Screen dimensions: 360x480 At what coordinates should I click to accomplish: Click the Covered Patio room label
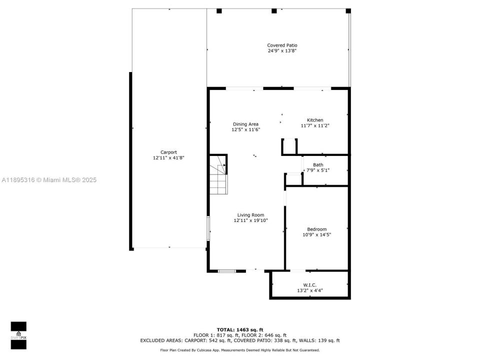282,45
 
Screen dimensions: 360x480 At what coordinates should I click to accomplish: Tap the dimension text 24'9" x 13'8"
282,51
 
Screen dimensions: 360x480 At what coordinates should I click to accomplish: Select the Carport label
168,152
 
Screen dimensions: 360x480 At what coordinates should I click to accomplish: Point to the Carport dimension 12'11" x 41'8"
168,158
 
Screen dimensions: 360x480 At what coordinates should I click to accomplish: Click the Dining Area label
245,124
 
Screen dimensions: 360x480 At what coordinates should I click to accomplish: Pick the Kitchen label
315,120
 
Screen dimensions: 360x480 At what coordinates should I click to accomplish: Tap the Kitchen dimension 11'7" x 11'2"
315,126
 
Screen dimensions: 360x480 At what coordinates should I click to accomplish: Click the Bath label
318,164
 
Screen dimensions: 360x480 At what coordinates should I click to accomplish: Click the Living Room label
250,215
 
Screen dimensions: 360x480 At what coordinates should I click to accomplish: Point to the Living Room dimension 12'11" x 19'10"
250,220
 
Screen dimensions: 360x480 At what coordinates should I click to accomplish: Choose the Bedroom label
316,229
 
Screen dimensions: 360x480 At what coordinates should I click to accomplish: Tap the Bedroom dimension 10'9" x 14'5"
316,235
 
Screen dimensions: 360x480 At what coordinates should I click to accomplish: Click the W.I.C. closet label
310,284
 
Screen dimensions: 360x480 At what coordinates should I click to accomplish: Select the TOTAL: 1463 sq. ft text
239,329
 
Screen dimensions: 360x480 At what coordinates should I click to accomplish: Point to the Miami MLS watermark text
49,180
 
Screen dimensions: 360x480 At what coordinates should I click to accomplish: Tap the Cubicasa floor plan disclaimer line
239,350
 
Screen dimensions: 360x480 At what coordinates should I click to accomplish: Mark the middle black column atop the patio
273,11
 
